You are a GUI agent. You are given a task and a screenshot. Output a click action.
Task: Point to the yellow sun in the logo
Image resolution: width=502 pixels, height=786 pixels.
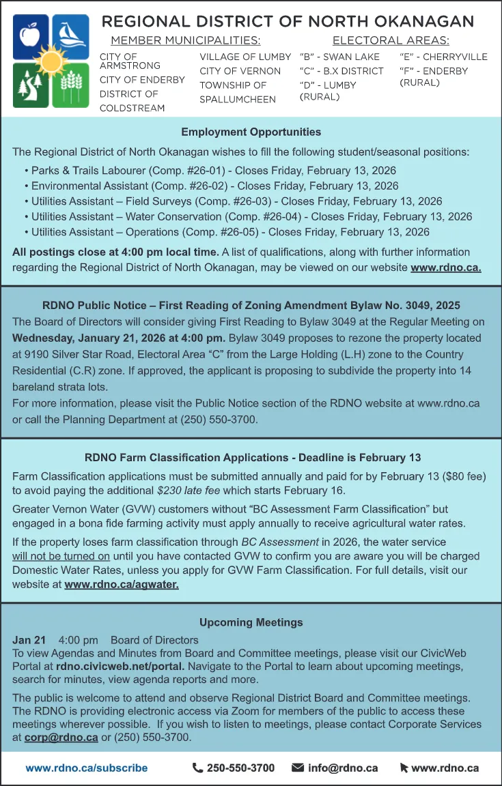[x=51, y=62]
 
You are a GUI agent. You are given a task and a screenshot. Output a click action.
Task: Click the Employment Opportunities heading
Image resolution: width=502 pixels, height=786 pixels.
[x=251, y=132]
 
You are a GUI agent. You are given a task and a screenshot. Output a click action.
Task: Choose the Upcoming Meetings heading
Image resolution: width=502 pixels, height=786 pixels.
[x=251, y=622]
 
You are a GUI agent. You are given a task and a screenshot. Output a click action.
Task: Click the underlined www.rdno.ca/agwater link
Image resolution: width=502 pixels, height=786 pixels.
[x=122, y=584]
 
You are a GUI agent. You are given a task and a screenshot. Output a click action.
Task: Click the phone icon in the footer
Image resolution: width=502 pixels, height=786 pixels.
[x=198, y=768]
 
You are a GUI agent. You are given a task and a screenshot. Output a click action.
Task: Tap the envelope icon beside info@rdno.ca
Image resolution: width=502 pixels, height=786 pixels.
[x=298, y=768]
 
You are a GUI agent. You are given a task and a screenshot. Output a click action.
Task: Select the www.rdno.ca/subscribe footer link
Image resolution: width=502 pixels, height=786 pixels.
[x=87, y=768]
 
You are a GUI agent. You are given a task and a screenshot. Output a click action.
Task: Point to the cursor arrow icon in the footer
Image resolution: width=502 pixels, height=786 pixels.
[x=404, y=768]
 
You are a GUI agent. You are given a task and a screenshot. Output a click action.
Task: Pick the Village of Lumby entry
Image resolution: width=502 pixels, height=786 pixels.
[x=245, y=57]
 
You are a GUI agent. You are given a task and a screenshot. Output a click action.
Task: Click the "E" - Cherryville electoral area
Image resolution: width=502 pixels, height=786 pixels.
[x=443, y=57]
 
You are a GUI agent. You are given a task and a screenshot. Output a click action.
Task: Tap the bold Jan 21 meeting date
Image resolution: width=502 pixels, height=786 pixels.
[x=29, y=640]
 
